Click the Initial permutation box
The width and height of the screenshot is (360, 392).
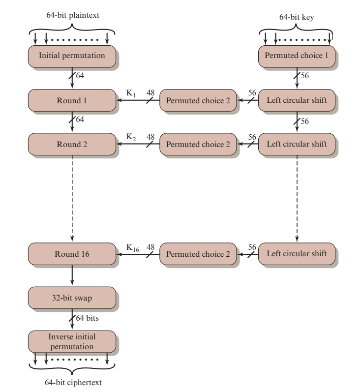coord(72,56)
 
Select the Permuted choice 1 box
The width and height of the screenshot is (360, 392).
coord(297,56)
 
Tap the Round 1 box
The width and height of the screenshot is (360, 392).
coord(72,100)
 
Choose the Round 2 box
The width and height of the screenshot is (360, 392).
coord(72,144)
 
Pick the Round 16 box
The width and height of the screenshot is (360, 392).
coord(72,254)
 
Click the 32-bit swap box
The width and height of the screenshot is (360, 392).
coord(72,298)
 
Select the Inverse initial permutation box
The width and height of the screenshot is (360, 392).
coord(72,342)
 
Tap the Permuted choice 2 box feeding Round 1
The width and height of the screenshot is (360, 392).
coord(198,100)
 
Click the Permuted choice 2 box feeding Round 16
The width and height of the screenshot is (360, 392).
coord(198,254)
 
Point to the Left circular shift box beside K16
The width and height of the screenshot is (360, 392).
coord(297,254)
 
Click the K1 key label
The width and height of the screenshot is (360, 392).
coord(131,93)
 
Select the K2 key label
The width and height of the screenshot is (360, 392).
coord(131,137)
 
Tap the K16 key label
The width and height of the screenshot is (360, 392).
coord(132,248)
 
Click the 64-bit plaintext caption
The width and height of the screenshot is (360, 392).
coord(73,15)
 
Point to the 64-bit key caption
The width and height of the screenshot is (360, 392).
coord(297,17)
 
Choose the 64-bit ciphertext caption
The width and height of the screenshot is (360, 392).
coord(73,383)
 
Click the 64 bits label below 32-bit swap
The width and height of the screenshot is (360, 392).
coord(87,318)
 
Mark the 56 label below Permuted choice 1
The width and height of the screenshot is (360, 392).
coord(305,76)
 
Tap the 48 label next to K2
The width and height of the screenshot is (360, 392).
coord(150,137)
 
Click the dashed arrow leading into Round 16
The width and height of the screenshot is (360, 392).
coord(72,198)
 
